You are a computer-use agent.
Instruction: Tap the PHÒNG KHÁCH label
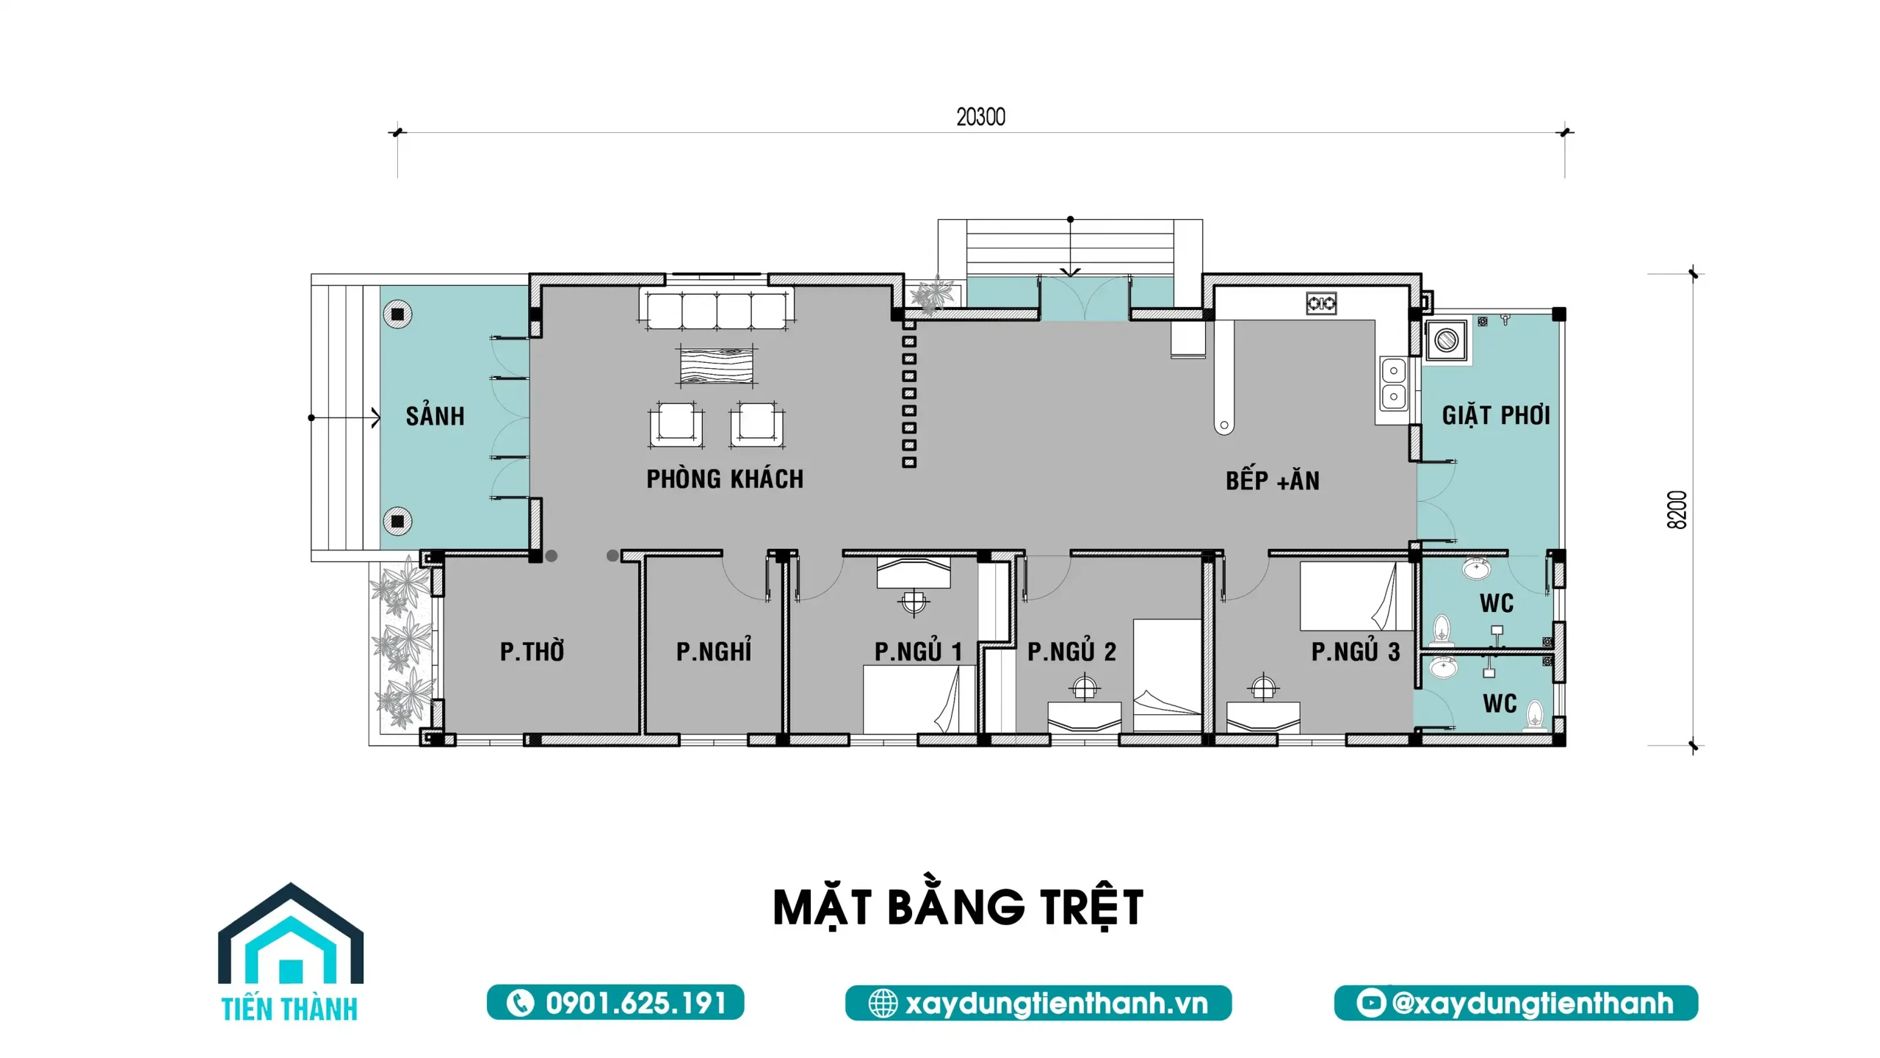pos(725,479)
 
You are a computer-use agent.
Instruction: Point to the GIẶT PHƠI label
pos(1496,414)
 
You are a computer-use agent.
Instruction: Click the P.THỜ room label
pos(532,651)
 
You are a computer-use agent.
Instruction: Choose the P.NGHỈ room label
pos(714,650)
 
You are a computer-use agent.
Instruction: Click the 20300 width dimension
pos(981,117)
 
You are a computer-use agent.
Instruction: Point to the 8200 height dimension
pos(1677,510)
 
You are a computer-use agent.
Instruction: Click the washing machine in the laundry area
pos(1447,341)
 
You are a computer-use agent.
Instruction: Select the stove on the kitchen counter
pos(1321,303)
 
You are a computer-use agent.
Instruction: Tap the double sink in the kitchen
pos(1393,384)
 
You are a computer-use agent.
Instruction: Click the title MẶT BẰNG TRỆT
pos(958,907)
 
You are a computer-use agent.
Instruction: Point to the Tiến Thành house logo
pos(291,952)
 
